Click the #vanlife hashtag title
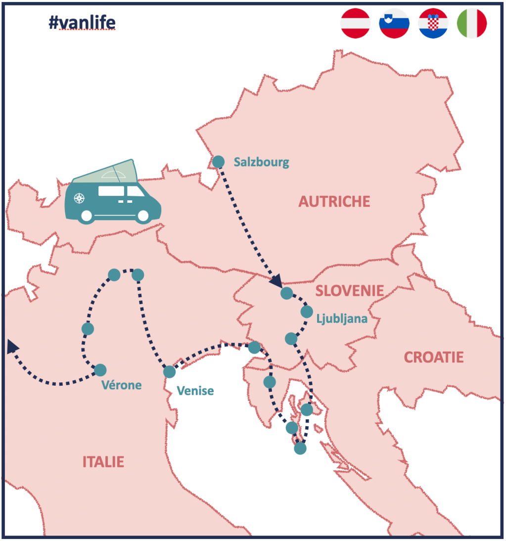coord(82,23)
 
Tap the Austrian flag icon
coord(355,23)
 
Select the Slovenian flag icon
coord(394,23)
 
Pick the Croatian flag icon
coord(433,23)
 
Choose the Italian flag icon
coord(471,23)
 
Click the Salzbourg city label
coord(261,162)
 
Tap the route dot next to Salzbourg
coord(218,162)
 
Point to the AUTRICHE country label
coord(334,201)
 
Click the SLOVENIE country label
coord(349,290)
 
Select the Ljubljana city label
coord(342,318)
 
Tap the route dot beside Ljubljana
coord(307,312)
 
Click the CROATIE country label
coord(434,357)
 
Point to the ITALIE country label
coord(103,462)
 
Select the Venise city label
coord(195,391)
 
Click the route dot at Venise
coord(169,372)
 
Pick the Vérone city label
coord(122,385)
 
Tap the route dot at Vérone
coord(100,369)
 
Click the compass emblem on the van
coord(79,199)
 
